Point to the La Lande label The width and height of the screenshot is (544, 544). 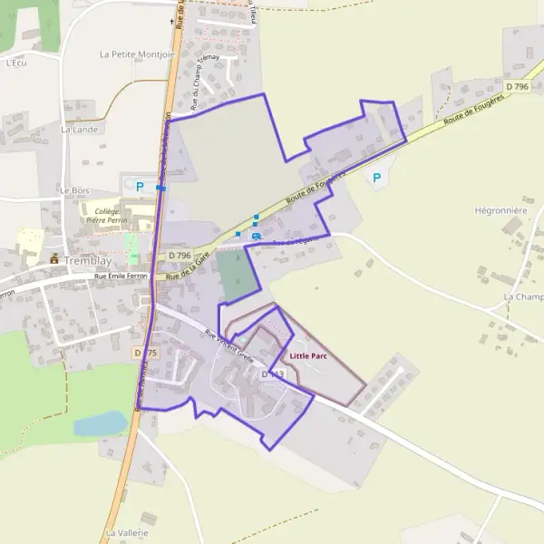coord(79,130)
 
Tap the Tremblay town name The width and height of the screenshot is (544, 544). coord(87,259)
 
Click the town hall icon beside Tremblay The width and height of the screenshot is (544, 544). coord(54,258)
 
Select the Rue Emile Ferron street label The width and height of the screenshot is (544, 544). coord(113,275)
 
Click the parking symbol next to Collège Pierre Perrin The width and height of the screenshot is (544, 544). coord(140,187)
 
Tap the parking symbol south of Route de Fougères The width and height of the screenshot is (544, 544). coord(376,178)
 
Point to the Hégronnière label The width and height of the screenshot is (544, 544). coord(500,209)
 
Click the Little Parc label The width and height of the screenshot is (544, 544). coord(308,356)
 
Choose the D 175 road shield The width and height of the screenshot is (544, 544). coord(145,352)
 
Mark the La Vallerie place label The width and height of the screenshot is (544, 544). coord(126,532)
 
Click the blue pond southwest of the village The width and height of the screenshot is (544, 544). coord(100,423)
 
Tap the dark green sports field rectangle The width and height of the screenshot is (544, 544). coord(237,274)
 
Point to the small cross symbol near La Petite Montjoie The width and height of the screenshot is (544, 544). coord(171,20)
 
